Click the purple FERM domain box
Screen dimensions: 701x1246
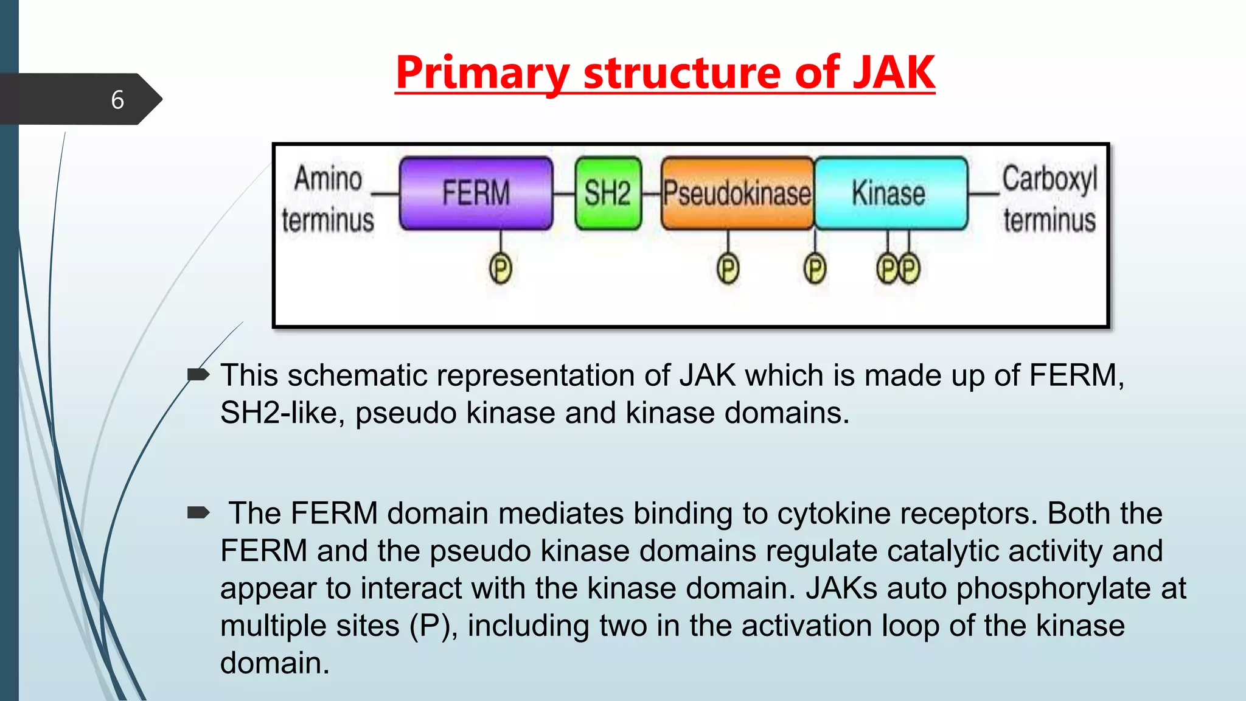pos(476,193)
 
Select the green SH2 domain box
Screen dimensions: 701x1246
pos(608,193)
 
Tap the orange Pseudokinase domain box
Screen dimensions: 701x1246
pos(737,193)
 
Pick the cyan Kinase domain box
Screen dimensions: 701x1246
pos(890,193)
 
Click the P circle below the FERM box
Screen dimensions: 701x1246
pos(500,269)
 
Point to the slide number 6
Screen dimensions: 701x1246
pos(117,100)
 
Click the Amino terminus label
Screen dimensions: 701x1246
pos(328,198)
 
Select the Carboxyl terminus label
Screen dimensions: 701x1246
pos(1049,198)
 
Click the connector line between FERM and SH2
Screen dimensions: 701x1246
pos(564,194)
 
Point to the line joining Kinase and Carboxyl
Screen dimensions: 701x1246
pos(983,194)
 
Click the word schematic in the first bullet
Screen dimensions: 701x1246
pos(357,375)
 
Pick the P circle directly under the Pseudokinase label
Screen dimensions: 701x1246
pos(728,269)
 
